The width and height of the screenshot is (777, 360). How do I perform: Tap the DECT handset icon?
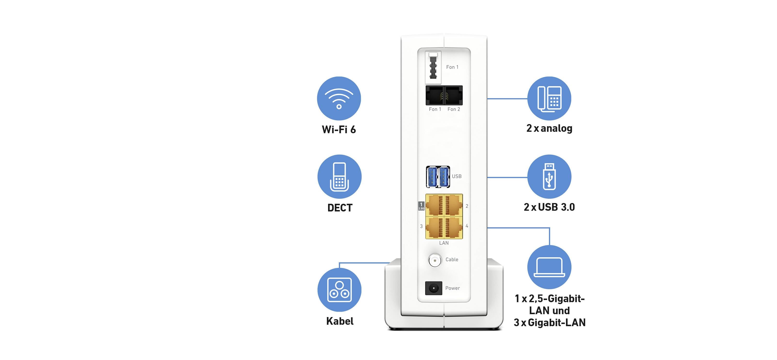click(339, 177)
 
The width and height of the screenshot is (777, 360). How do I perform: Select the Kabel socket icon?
click(339, 290)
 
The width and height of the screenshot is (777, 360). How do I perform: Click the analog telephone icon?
click(549, 98)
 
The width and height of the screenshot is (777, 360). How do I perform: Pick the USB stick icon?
click(549, 177)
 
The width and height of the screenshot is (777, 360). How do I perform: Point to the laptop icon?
click(549, 267)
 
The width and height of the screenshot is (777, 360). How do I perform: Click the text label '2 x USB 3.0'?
click(549, 207)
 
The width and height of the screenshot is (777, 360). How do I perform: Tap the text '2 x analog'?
click(549, 128)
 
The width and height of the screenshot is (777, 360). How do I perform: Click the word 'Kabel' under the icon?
click(340, 321)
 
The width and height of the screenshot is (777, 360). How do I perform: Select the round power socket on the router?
click(433, 288)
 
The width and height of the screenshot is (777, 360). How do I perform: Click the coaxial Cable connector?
click(435, 260)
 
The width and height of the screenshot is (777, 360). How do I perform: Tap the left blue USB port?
click(432, 177)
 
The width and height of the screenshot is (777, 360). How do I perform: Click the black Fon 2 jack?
click(453, 95)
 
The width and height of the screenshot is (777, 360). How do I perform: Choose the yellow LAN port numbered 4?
click(453, 227)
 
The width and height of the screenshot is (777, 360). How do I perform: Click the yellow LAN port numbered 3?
click(435, 227)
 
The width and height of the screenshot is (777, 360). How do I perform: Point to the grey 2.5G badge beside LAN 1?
click(421, 206)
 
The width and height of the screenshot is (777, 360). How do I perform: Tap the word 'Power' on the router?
click(453, 288)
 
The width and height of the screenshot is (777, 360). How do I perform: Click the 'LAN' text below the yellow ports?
click(444, 243)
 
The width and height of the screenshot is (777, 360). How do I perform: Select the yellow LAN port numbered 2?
click(453, 205)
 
